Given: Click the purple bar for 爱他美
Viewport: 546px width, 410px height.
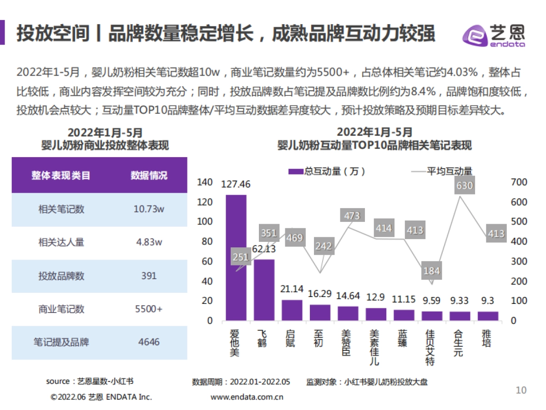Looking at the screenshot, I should [236, 258].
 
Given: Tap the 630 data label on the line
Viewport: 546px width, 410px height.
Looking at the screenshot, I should [465, 185].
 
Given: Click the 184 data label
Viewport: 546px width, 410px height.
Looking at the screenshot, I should [431, 271].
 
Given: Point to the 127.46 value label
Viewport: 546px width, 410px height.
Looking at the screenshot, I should [236, 184].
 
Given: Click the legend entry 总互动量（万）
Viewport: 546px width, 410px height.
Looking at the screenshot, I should [327, 171].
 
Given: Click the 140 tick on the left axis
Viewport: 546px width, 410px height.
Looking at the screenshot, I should [205, 182].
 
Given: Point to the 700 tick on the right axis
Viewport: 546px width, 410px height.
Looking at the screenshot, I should [519, 182].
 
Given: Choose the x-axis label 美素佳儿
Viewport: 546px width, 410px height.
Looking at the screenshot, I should [374, 348].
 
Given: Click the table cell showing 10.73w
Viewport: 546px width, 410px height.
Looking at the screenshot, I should [149, 209].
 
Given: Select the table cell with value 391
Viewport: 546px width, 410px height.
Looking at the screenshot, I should [149, 276].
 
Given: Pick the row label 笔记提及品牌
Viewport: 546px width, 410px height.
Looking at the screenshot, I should [61, 342].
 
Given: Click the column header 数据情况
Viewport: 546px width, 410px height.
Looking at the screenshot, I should [149, 175].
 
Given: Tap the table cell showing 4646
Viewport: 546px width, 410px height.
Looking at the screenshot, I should [149, 342].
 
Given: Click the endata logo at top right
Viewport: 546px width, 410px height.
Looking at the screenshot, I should [494, 36].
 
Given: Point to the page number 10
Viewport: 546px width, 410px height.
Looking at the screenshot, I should [521, 390].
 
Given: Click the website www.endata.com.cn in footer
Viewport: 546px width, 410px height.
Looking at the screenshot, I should [247, 397].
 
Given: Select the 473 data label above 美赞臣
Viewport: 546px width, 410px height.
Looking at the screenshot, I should [352, 215].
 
